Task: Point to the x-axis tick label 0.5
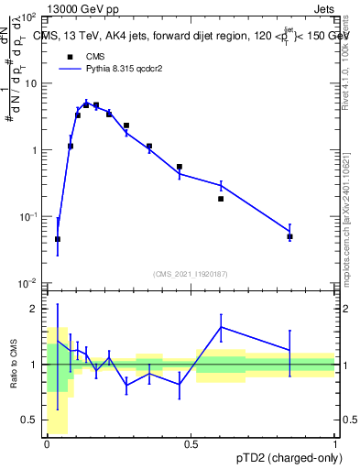coord(191,443)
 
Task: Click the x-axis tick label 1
coord(334,443)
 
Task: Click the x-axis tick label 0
coord(47,443)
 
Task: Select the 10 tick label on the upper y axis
coord(29,83)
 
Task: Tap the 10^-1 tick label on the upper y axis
coord(27,216)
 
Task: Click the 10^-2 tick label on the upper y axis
coord(27,283)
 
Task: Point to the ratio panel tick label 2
coord(37,309)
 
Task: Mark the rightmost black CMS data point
coord(289,236)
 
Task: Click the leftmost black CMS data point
coord(58,239)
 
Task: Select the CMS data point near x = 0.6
coord(221,199)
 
